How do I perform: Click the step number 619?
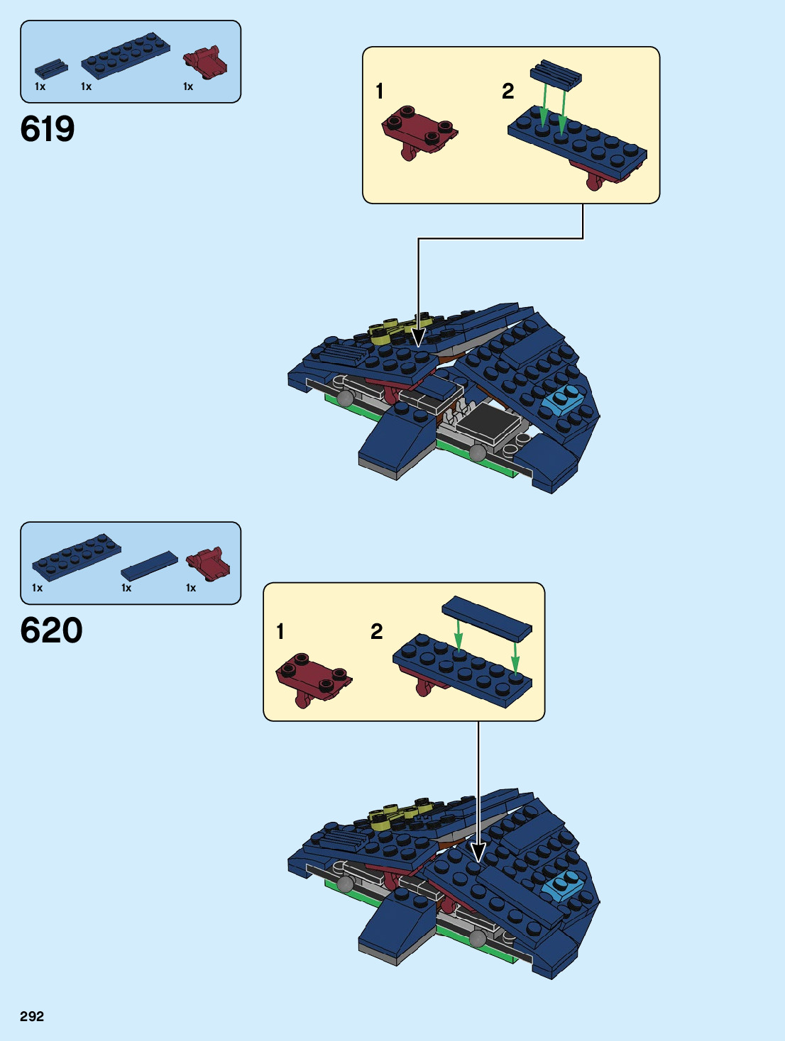tap(48, 129)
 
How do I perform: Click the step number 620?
tap(51, 630)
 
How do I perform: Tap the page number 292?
tap(32, 1016)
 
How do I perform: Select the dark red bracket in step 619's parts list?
tap(206, 62)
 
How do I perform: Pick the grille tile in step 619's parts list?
tap(51, 68)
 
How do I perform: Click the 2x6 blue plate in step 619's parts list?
tap(125, 56)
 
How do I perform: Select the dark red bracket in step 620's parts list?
tap(208, 563)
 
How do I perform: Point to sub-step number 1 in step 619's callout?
tap(380, 91)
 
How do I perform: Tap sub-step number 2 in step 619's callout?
tap(507, 91)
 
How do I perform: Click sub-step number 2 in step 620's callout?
tap(377, 631)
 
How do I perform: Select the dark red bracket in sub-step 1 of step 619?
tap(419, 131)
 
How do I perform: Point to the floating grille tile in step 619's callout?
tap(556, 72)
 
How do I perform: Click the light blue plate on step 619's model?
tap(563, 401)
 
